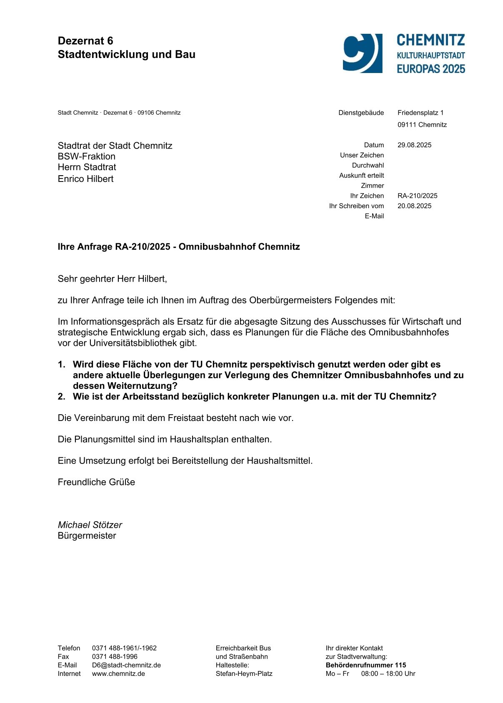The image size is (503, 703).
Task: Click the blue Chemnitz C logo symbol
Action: pyautogui.click(x=362, y=53)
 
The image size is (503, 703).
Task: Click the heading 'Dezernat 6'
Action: pyautogui.click(x=85, y=41)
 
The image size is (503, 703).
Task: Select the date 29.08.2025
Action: pyautogui.click(x=414, y=145)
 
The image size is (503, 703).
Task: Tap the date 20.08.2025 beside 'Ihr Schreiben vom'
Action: pyautogui.click(x=414, y=206)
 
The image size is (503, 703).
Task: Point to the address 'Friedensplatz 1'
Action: pyautogui.click(x=420, y=113)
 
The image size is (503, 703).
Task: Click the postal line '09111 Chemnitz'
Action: pyautogui.click(x=422, y=125)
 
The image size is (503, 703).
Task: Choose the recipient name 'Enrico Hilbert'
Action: pyautogui.click(x=85, y=179)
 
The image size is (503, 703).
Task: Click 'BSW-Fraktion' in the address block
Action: pyautogui.click(x=87, y=156)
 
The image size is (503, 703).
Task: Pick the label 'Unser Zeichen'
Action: pyautogui.click(x=362, y=155)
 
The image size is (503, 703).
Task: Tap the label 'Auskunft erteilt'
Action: pyautogui.click(x=361, y=176)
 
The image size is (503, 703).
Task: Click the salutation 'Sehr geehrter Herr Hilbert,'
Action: pyautogui.click(x=112, y=279)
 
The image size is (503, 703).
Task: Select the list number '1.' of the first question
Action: pyautogui.click(x=62, y=365)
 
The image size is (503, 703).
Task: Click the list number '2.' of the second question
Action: pyautogui.click(x=62, y=397)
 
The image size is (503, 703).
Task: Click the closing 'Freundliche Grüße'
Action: pyautogui.click(x=96, y=482)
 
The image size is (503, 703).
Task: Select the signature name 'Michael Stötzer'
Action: pyautogui.click(x=90, y=525)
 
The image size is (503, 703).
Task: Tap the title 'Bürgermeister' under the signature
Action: pyautogui.click(x=87, y=536)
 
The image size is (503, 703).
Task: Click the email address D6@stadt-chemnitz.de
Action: pyautogui.click(x=126, y=665)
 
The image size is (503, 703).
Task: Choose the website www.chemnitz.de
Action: pyautogui.click(x=118, y=674)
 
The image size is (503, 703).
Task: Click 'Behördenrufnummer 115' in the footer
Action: pyautogui.click(x=365, y=665)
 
